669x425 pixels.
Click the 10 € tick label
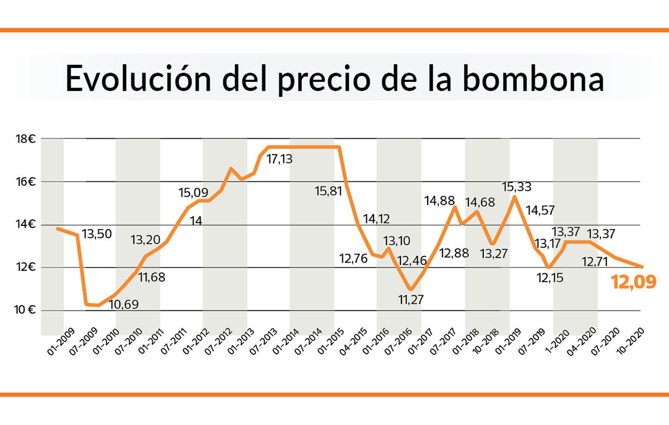pos(23,310)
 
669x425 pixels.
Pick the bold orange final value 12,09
pos(633,282)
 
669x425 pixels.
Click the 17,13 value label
pos(280,160)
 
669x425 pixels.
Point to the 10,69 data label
pos(123,305)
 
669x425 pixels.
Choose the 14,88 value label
pos(440,201)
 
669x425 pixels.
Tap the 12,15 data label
pos(550,277)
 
